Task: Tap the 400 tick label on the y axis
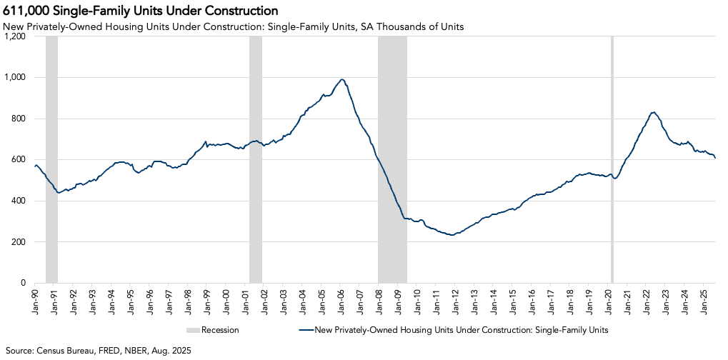coord(18,201)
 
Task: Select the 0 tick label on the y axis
coord(23,283)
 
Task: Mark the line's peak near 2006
coord(342,79)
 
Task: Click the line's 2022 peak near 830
coord(653,112)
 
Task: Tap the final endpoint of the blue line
coord(715,157)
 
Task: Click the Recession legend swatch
coord(192,330)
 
